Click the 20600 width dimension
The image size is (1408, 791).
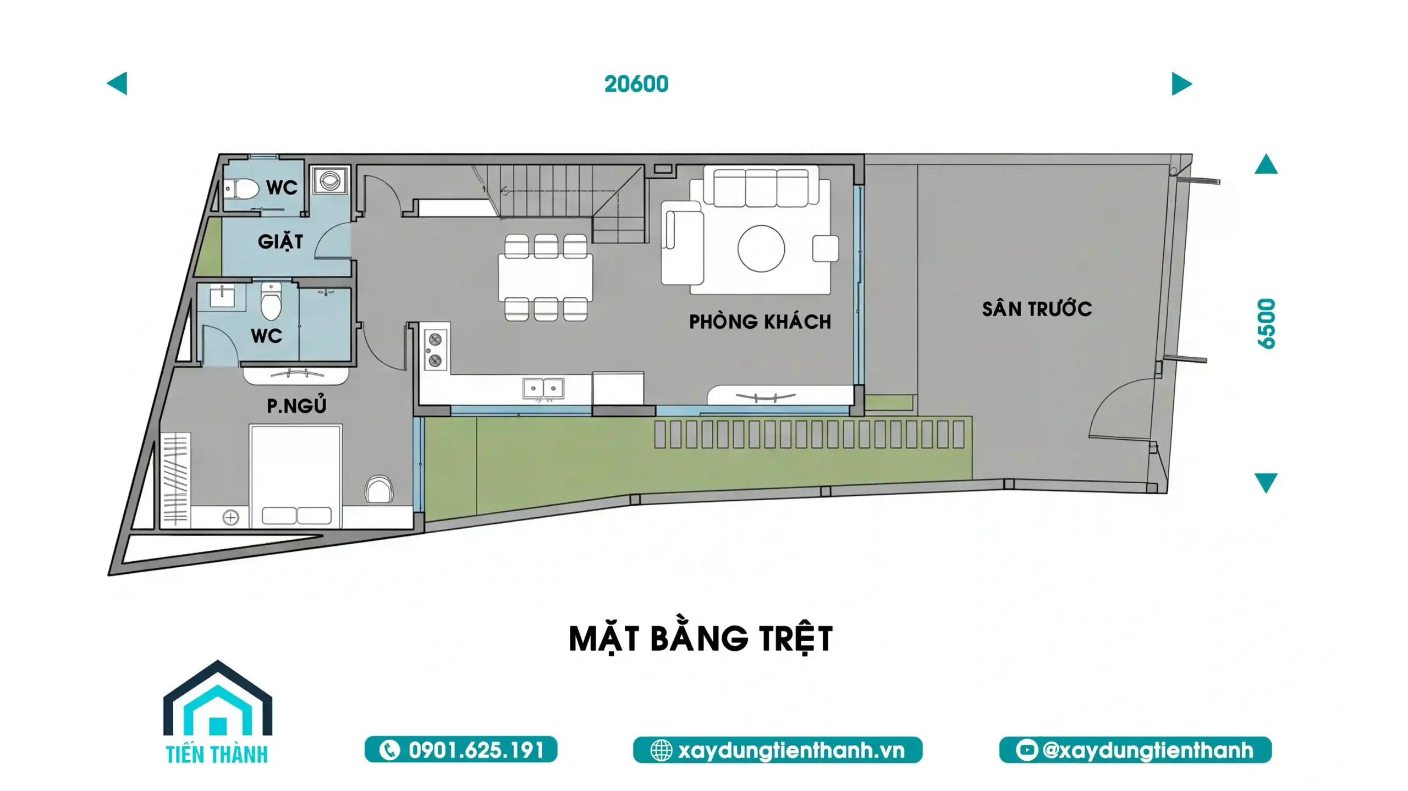[x=636, y=84]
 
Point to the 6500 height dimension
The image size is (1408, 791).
[x=1266, y=323]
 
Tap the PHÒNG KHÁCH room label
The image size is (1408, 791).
[x=760, y=322]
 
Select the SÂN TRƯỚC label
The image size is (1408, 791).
[x=1037, y=308]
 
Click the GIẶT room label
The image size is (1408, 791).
[x=280, y=241]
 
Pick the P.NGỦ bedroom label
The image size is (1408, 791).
[x=296, y=405]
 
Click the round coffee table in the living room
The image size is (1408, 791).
[x=761, y=248]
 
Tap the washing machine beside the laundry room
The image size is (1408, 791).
[x=330, y=180]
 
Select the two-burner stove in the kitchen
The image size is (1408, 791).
[x=435, y=350]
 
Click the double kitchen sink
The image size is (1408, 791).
[x=543, y=389]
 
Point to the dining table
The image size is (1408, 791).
[x=546, y=278]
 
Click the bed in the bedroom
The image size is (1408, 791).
[x=296, y=475]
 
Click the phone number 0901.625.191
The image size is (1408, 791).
[x=476, y=750]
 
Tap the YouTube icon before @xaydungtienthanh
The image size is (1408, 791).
[x=1026, y=750]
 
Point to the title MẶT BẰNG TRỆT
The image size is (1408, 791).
[x=701, y=639]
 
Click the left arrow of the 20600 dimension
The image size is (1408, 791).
[x=117, y=84]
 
